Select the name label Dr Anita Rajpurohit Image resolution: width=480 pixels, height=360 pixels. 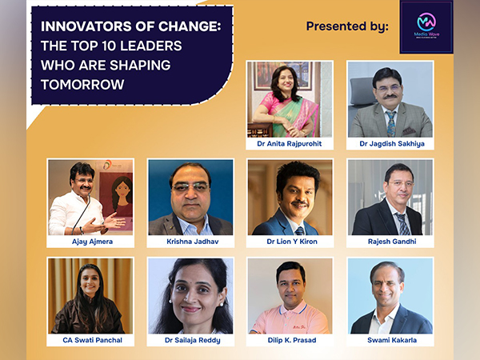pos(290,144)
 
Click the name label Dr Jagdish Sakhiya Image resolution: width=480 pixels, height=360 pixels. pos(390,144)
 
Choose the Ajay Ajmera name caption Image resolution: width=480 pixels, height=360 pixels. pos(90,241)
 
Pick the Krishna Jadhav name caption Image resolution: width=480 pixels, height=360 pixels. pos(190,241)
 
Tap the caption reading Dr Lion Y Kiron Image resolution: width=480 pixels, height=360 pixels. pos(290,241)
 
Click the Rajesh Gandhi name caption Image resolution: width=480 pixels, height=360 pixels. pos(390,241)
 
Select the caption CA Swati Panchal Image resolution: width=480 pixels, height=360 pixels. pos(90,340)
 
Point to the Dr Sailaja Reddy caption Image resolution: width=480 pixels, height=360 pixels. pos(190,340)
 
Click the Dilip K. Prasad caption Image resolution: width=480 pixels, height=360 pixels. pos(290,340)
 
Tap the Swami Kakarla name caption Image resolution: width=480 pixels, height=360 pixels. pos(390,340)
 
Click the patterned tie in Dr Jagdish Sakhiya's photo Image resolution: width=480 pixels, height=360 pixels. pos(390,123)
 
